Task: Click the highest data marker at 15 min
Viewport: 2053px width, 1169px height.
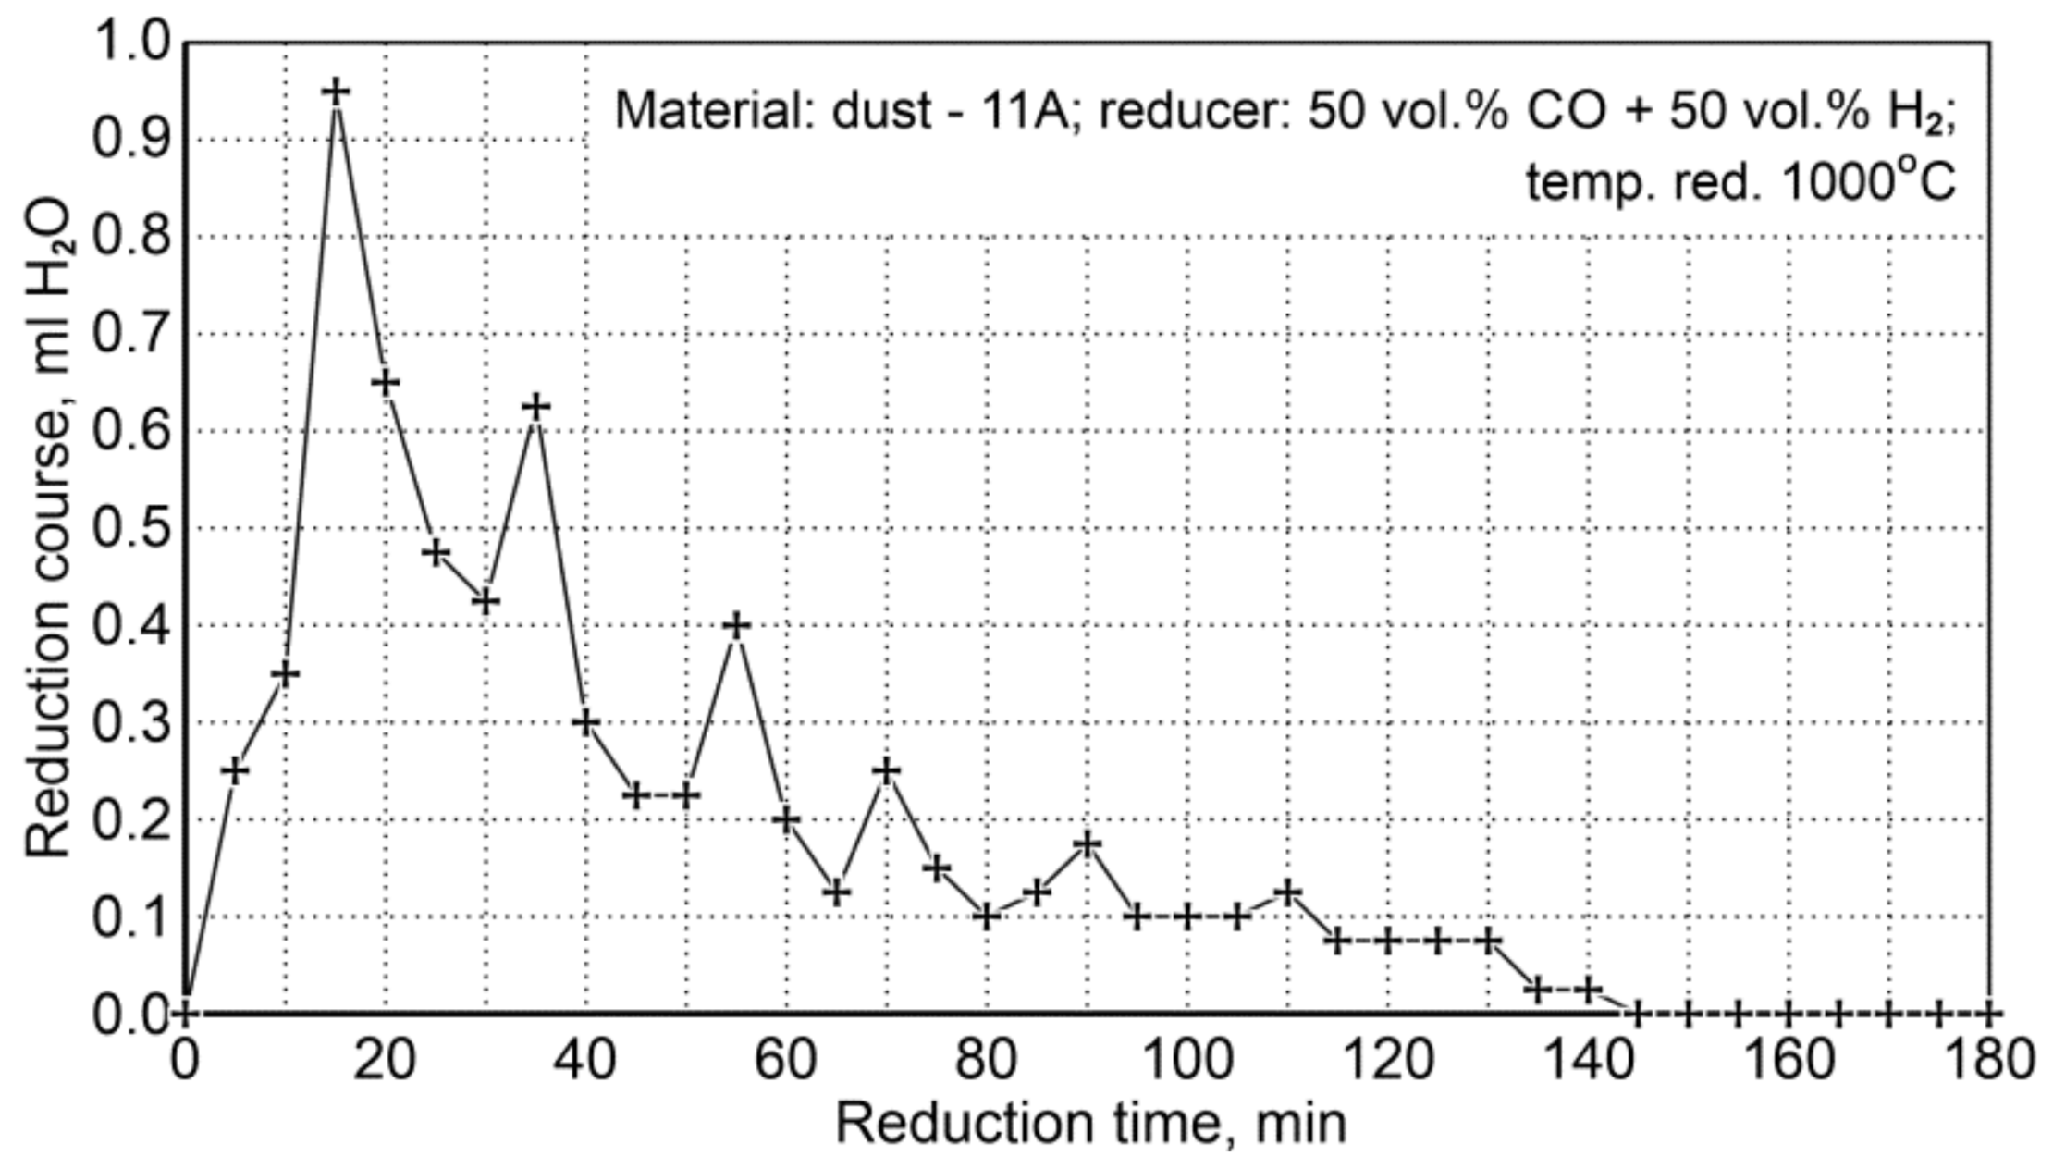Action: click(336, 92)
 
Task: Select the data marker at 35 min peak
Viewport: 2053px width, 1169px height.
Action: click(536, 407)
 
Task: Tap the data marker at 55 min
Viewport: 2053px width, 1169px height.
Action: click(736, 626)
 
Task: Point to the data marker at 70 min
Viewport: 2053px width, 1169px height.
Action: click(887, 770)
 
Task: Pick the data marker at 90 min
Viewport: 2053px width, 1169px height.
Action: click(1088, 843)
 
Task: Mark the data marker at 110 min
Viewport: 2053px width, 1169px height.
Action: click(1287, 892)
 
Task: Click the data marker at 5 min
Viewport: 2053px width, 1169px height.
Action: click(235, 770)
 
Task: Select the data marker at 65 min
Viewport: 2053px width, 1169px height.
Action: click(837, 892)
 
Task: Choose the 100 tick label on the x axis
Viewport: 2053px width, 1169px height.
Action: click(1187, 1060)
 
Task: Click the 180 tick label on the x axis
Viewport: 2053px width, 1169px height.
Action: click(1988, 1060)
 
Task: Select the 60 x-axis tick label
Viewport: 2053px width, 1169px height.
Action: click(786, 1060)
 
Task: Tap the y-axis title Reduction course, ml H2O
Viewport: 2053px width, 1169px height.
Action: click(48, 527)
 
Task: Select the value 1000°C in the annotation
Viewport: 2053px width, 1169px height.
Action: click(1868, 181)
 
